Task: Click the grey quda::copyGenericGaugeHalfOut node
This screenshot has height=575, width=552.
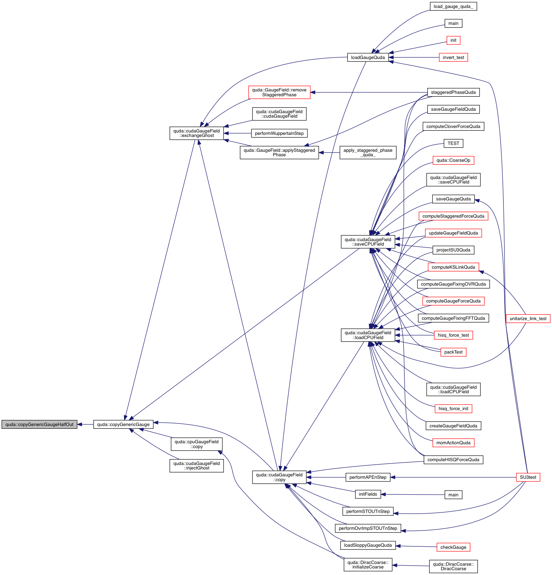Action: pyautogui.click(x=39, y=424)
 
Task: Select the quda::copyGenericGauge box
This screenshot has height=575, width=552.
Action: pyautogui.click(x=123, y=424)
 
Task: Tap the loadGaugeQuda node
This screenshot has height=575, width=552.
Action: pyautogui.click(x=368, y=58)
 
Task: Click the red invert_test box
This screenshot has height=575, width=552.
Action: pyautogui.click(x=453, y=58)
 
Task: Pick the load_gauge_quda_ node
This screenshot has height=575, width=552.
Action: pyautogui.click(x=453, y=7)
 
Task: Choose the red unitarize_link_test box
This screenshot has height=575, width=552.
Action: pyautogui.click(x=528, y=318)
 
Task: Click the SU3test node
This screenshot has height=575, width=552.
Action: pyautogui.click(x=528, y=477)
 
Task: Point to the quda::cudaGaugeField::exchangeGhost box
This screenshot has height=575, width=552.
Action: pyautogui.click(x=196, y=133)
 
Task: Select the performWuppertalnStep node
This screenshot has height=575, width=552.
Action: pyautogui.click(x=279, y=133)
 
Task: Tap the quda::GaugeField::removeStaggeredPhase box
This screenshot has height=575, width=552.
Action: pyautogui.click(x=279, y=92)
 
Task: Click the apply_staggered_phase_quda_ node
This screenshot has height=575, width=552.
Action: pyautogui.click(x=368, y=152)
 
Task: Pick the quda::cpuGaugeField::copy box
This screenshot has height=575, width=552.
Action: pyautogui.click(x=196, y=444)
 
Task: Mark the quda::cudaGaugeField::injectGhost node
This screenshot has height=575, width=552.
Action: pyautogui.click(x=196, y=466)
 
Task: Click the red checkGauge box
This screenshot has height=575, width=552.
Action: pyautogui.click(x=453, y=547)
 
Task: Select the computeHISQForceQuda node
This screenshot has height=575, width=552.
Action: pyautogui.click(x=453, y=460)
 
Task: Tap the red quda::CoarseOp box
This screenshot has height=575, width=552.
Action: pyautogui.click(x=453, y=160)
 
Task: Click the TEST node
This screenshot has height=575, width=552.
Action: pyautogui.click(x=453, y=143)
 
